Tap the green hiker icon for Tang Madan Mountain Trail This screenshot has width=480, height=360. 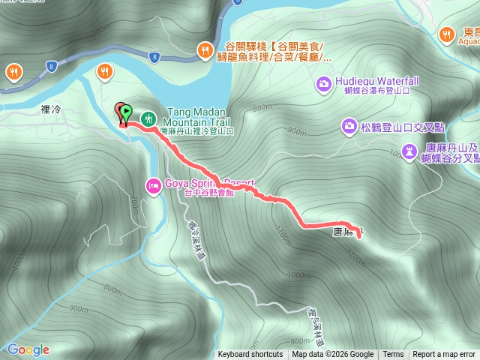pyautogui.click(x=148, y=118)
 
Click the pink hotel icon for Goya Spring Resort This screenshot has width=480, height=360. pyautogui.click(x=153, y=184)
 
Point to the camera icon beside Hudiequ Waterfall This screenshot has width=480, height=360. pyautogui.click(x=323, y=82)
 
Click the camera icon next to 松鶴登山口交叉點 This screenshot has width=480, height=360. pyautogui.click(x=349, y=125)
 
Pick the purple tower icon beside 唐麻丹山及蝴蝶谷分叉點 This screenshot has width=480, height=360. pyautogui.click(x=409, y=152)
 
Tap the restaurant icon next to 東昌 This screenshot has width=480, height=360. pyautogui.click(x=448, y=33)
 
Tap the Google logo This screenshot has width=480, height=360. pyautogui.click(x=28, y=349)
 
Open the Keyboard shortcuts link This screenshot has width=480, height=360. pyautogui.click(x=250, y=355)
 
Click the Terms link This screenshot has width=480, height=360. pyautogui.click(x=393, y=355)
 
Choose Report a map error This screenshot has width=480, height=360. pyautogui.click(x=444, y=355)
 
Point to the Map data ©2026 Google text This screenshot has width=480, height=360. pyautogui.click(x=332, y=355)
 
